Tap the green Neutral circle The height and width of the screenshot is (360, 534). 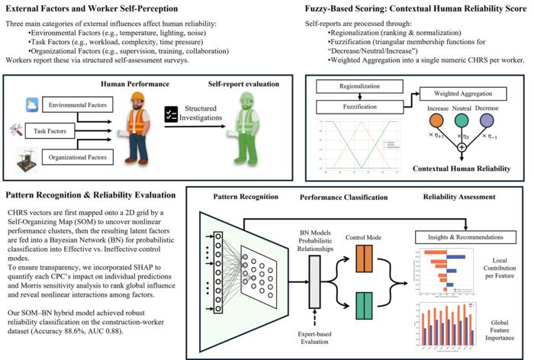point(462,119)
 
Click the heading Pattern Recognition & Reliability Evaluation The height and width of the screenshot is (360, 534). point(91,195)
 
